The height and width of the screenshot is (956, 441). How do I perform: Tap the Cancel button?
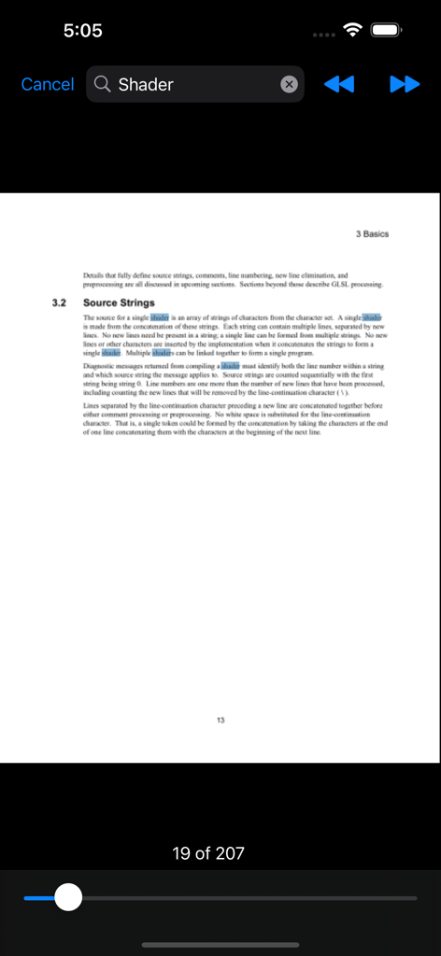pyautogui.click(x=47, y=84)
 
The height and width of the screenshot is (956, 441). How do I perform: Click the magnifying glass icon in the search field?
pyautogui.click(x=103, y=84)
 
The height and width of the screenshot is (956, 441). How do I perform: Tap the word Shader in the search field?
pyautogui.click(x=146, y=84)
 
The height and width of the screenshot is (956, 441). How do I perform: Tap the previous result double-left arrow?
pyautogui.click(x=339, y=84)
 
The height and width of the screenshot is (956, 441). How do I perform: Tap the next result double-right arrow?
pyautogui.click(x=405, y=84)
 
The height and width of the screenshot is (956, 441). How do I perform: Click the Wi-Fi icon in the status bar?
pyautogui.click(x=352, y=30)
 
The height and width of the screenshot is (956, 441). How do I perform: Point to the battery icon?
pyautogui.click(x=386, y=30)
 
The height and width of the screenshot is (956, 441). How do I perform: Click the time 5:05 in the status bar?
pyautogui.click(x=82, y=30)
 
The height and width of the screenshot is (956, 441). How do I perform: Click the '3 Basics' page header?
pyautogui.click(x=372, y=233)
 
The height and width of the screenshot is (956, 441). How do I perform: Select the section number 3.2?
pyautogui.click(x=60, y=303)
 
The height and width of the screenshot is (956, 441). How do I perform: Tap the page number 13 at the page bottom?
pyautogui.click(x=220, y=720)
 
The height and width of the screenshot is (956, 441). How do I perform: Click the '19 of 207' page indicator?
pyautogui.click(x=208, y=852)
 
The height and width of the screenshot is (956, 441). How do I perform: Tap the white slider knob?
pyautogui.click(x=67, y=898)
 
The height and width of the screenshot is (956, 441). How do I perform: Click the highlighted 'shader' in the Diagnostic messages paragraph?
pyautogui.click(x=230, y=367)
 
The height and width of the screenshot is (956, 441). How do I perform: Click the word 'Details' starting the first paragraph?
pyautogui.click(x=93, y=276)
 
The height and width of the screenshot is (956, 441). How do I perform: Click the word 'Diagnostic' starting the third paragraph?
pyautogui.click(x=103, y=367)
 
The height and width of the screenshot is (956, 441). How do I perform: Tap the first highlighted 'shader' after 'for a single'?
pyautogui.click(x=159, y=318)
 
